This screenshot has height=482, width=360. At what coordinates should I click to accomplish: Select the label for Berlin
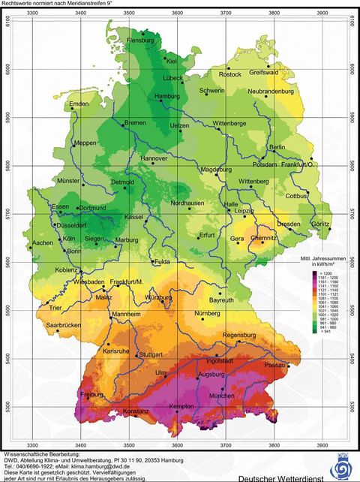pos(277,147)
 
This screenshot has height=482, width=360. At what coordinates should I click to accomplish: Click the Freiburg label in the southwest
pos(91,394)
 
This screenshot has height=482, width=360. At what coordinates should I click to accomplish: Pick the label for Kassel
pos(133,216)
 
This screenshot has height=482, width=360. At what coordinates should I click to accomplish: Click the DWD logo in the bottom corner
pos(343,465)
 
